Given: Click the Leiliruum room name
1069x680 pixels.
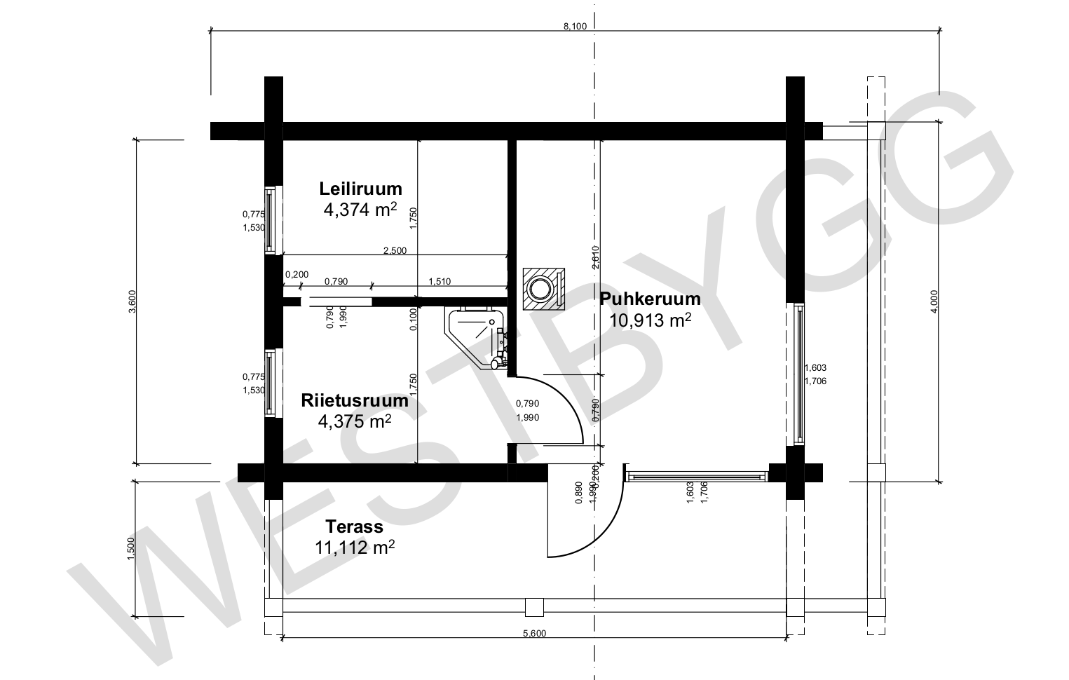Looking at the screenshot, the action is (360, 189).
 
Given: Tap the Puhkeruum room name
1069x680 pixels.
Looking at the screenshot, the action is (650, 299).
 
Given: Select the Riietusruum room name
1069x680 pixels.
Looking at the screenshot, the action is (355, 400).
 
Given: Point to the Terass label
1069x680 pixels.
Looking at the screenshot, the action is (354, 526).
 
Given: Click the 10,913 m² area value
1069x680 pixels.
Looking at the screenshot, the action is (650, 320).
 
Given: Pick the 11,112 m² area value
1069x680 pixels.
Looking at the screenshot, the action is (354, 548).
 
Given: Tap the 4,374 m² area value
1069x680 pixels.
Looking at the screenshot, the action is (360, 209).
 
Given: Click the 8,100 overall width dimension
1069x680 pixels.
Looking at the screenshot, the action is (575, 26).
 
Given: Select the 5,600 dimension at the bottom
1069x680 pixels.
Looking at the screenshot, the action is (534, 633).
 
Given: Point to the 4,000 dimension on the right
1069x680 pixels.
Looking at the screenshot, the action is (934, 301).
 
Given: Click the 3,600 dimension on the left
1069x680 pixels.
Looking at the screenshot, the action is (132, 301).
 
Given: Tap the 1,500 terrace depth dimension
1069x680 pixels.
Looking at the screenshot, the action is (131, 549).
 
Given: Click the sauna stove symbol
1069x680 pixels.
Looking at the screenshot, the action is (543, 290).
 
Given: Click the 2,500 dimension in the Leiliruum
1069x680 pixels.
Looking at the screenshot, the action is (395, 250).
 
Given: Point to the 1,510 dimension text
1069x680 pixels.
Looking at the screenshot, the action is (440, 282).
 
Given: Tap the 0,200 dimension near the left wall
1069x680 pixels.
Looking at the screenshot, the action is (297, 274).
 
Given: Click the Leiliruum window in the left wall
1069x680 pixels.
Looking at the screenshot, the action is (271, 220).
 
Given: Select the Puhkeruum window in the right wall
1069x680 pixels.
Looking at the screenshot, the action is (799, 374).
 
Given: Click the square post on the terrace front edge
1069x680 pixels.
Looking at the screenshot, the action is (534, 608).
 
